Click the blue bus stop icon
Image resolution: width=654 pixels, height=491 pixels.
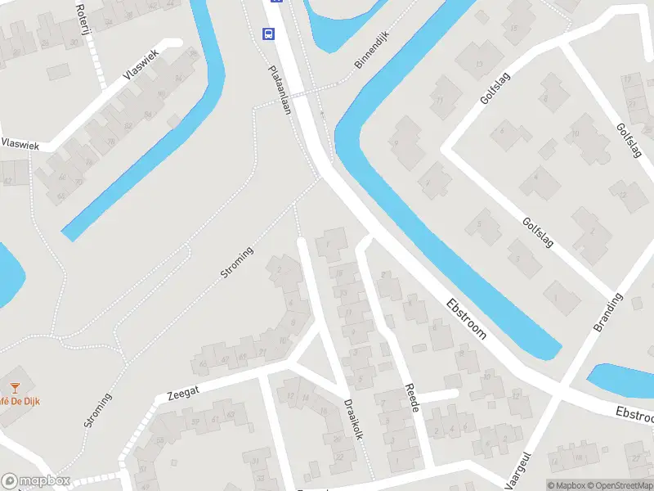coord(268,34)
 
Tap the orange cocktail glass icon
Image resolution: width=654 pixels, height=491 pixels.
coord(14,386)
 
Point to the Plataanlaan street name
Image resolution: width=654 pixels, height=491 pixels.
coord(280,90)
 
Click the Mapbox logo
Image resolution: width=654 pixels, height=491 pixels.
coord(34,481)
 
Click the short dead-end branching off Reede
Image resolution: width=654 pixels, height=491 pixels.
coord(437,395)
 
